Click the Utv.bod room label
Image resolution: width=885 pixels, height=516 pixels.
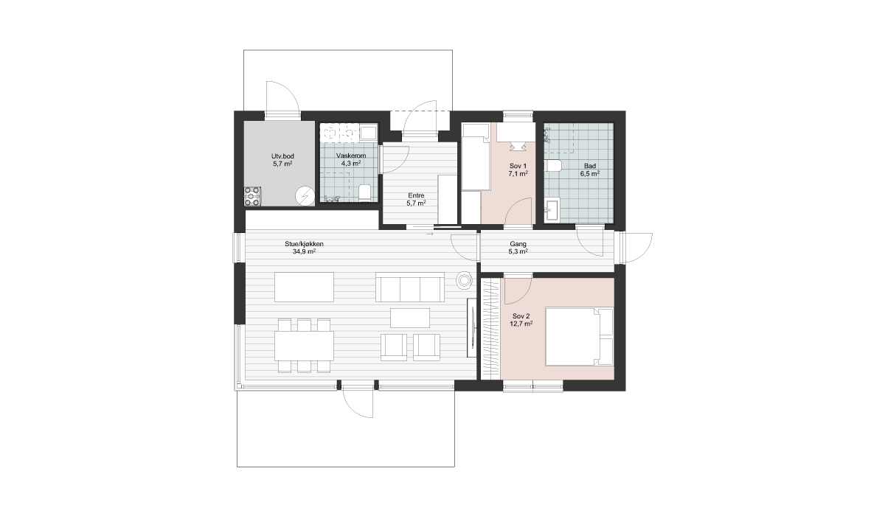[x=282, y=156]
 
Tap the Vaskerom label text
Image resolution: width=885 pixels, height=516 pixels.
[x=351, y=156]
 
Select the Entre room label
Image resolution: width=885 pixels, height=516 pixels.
[x=416, y=196]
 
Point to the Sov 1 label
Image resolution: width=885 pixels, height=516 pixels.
[x=518, y=166]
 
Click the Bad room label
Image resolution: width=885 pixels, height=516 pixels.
[x=590, y=166]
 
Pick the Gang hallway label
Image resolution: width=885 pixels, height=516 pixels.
[x=518, y=245]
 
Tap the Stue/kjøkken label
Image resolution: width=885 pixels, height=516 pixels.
[x=304, y=244]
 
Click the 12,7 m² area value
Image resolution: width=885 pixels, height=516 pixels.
[x=521, y=324]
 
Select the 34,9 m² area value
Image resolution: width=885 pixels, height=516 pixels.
[x=304, y=251]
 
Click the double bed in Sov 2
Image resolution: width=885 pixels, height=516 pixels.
[x=579, y=337]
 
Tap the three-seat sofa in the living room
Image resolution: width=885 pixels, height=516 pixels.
[x=410, y=287]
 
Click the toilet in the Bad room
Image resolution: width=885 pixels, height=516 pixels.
[x=553, y=166]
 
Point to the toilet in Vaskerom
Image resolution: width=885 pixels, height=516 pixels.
[x=364, y=192]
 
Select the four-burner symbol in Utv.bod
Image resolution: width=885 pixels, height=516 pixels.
[x=252, y=196]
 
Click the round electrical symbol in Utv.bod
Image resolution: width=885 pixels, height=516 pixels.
[x=305, y=196]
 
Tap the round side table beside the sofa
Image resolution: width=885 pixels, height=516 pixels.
[x=464, y=281]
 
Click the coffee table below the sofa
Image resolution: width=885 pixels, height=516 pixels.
[x=410, y=318]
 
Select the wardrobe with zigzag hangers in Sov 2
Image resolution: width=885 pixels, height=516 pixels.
[x=491, y=329]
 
